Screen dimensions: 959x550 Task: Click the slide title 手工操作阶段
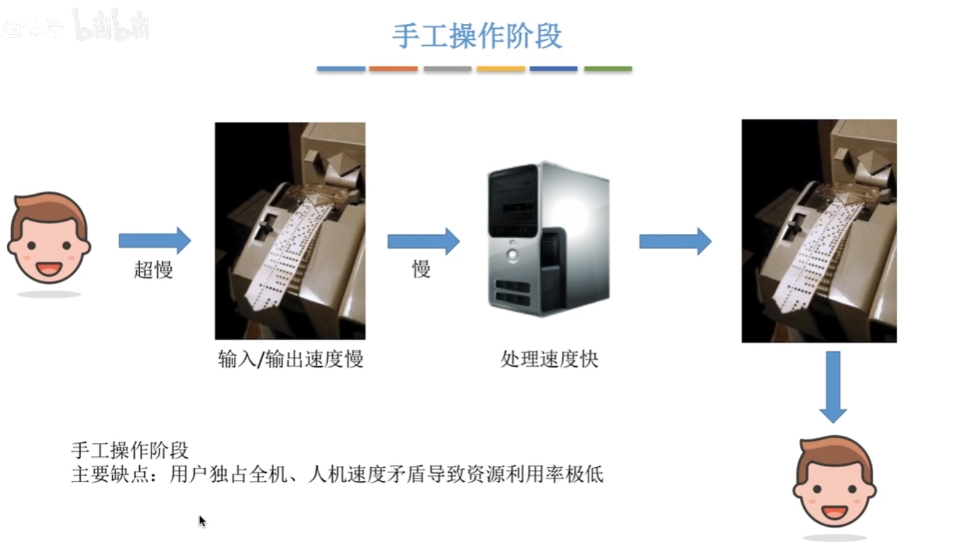tap(477, 36)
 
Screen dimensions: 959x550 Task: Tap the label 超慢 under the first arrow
tap(154, 270)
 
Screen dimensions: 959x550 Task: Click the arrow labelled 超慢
tap(154, 240)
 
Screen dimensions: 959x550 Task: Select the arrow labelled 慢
tap(423, 241)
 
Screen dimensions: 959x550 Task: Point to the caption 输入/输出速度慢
tap(290, 359)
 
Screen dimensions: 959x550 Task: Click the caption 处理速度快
tap(549, 359)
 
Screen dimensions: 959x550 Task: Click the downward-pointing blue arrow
tap(833, 386)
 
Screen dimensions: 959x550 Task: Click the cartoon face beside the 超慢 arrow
tap(49, 238)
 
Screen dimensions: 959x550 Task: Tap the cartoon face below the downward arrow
tap(834, 482)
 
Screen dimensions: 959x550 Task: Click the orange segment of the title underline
tap(393, 68)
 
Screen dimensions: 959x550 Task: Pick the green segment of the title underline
tap(607, 68)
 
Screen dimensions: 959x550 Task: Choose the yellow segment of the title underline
tap(500, 68)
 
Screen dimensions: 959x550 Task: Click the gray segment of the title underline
tap(447, 68)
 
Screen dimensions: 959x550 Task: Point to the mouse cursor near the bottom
tap(202, 521)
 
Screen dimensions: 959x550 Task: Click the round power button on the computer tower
tap(513, 255)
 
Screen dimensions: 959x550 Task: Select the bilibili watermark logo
tap(111, 25)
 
